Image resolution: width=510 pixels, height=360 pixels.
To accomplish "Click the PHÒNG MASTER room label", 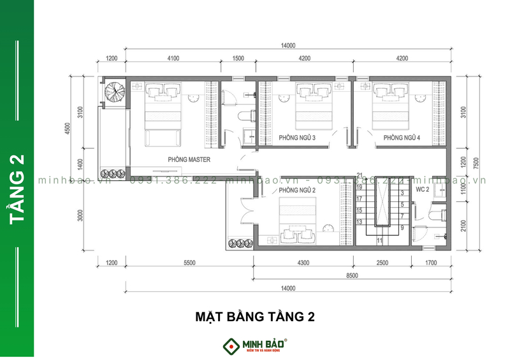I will tap(189, 159).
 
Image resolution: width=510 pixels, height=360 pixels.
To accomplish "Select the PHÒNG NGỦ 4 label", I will tap(402, 138).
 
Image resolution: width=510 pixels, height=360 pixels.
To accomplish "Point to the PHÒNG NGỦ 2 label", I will tap(298, 191).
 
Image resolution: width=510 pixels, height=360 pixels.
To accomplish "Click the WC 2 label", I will tap(423, 190).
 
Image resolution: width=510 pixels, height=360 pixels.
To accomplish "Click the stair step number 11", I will tap(379, 240).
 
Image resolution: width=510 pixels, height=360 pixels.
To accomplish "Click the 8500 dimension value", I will tap(353, 275).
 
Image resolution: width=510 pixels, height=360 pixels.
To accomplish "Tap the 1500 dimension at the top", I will tap(238, 59).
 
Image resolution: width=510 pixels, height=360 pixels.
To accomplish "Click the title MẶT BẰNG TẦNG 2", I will tap(254, 315).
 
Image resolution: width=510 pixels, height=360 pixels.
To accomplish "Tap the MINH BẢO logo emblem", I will tap(230, 346).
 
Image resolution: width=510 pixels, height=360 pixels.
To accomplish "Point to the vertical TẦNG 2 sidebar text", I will tap(17, 189).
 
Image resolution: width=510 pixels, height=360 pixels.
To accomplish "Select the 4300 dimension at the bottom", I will tap(303, 263).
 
